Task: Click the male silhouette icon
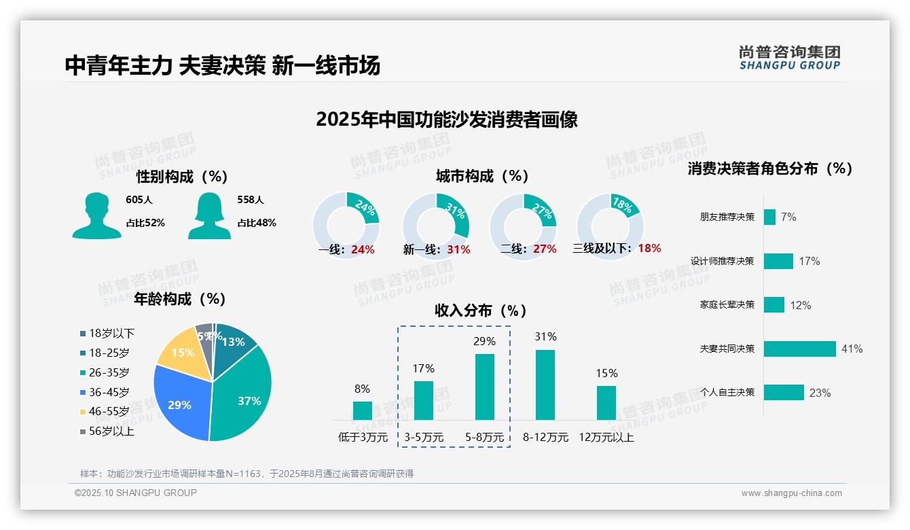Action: [x=96, y=215]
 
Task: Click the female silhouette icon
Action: [x=209, y=215]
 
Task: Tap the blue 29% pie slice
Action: [x=179, y=402]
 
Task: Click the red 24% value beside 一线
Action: [x=363, y=249]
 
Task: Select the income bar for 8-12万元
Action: [x=545, y=385]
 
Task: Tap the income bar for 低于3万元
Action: [x=363, y=410]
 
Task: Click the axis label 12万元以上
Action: [x=606, y=438]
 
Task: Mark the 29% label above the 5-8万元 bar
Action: [x=484, y=341]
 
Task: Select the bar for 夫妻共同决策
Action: [x=799, y=349]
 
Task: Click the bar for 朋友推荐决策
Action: [x=769, y=217]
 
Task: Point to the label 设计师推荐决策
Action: [x=722, y=261]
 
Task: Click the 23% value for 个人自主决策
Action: [x=820, y=393]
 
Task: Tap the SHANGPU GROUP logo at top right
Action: [x=789, y=58]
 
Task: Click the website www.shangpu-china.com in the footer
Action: [x=791, y=493]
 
